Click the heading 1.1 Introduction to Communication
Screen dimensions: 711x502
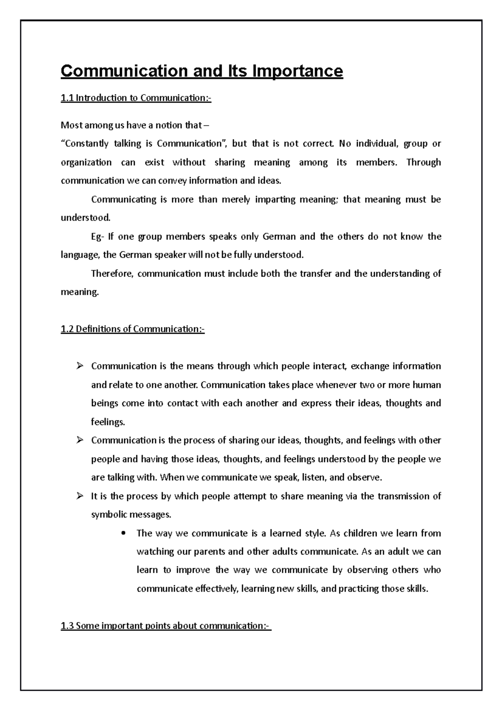tap(136, 98)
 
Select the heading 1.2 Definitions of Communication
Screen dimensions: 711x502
tap(133, 329)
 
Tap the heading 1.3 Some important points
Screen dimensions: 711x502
tap(166, 626)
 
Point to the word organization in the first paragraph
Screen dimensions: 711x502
tap(86, 162)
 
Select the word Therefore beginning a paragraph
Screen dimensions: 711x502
tap(112, 274)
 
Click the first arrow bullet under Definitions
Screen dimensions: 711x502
tap(80, 366)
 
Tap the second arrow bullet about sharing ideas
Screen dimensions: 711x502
tap(80, 441)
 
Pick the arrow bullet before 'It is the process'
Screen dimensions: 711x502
tap(80, 497)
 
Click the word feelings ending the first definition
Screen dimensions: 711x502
tap(108, 422)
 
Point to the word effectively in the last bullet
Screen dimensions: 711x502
tap(218, 589)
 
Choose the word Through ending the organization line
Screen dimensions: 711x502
tap(423, 162)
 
